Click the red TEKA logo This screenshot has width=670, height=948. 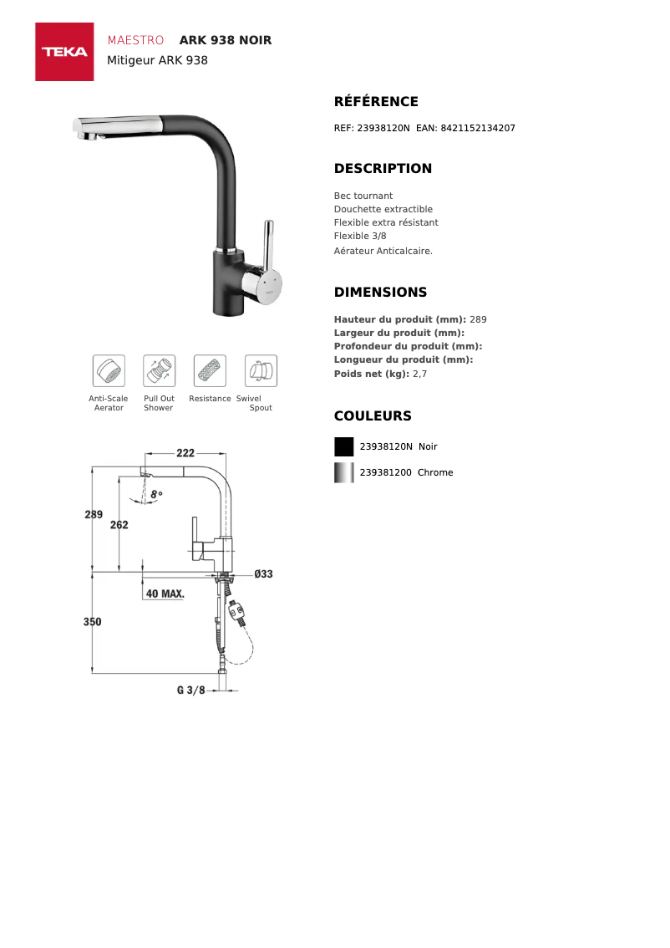[x=64, y=52]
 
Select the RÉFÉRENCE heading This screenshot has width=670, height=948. [x=376, y=102]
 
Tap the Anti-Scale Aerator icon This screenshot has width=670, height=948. [x=109, y=370]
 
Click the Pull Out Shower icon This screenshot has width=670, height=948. [x=159, y=370]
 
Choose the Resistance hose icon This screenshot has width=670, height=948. [x=210, y=370]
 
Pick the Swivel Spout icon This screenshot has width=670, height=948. [x=261, y=370]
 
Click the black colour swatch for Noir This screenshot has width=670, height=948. [x=343, y=446]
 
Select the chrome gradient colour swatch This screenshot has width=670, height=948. [x=343, y=472]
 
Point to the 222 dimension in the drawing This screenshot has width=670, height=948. [x=185, y=453]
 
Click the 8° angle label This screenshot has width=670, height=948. [x=157, y=494]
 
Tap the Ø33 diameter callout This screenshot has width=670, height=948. [x=263, y=574]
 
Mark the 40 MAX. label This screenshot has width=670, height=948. [x=165, y=594]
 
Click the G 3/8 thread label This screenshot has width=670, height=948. [x=191, y=691]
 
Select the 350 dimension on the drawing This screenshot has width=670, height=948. [x=93, y=622]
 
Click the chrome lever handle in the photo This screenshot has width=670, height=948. [x=267, y=245]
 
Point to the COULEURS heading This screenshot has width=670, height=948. [x=373, y=416]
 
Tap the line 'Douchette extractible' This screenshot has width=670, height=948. [x=383, y=209]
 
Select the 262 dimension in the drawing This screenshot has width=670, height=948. [x=119, y=525]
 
